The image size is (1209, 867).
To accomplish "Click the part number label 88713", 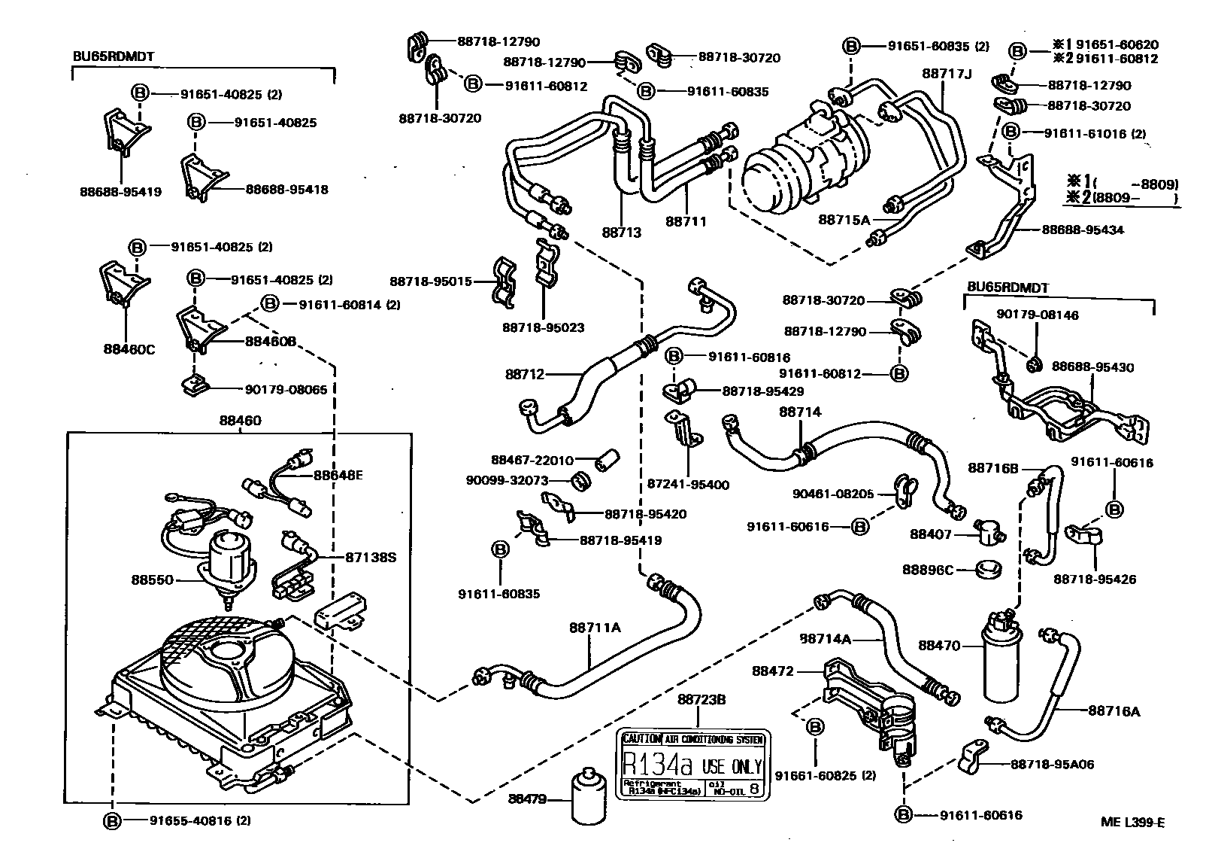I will coord(621,233).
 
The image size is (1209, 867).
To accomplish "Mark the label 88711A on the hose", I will coord(594,628).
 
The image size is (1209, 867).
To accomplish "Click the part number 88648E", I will coord(338,475).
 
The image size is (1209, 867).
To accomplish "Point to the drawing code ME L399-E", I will coord(1132,822).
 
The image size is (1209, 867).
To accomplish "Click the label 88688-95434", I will coord(1083,230).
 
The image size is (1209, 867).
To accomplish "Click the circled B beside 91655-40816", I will coord(112,820).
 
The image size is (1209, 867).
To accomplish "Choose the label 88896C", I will coord(928,570).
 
